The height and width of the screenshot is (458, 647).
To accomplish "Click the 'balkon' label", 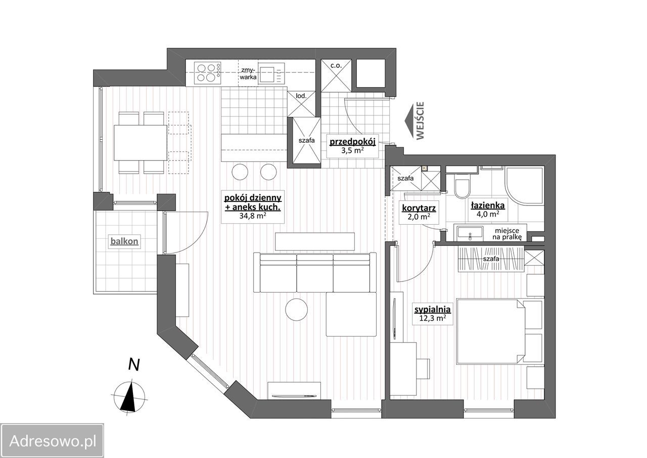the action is (124, 241).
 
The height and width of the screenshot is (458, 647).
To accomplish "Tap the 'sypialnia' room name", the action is (432, 309).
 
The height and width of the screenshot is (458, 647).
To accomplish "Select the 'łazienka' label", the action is (488, 205).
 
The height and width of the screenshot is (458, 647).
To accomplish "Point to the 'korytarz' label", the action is (419, 208).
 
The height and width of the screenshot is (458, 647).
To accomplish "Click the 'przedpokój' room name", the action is (352, 142).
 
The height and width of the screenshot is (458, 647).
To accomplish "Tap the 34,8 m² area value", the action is (253, 216).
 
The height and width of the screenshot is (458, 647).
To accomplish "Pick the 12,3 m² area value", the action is (432, 318).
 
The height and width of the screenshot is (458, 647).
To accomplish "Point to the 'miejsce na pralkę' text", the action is (507, 234).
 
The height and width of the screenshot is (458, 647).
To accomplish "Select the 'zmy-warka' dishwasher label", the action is (248, 73).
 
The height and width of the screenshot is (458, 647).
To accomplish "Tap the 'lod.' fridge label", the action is (301, 96).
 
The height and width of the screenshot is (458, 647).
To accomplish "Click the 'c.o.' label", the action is (336, 65).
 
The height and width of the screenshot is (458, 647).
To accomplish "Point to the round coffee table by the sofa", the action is (296, 309).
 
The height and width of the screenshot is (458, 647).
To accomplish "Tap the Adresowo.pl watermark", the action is (52, 441).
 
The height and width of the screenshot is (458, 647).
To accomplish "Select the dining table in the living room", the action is (141, 143).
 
